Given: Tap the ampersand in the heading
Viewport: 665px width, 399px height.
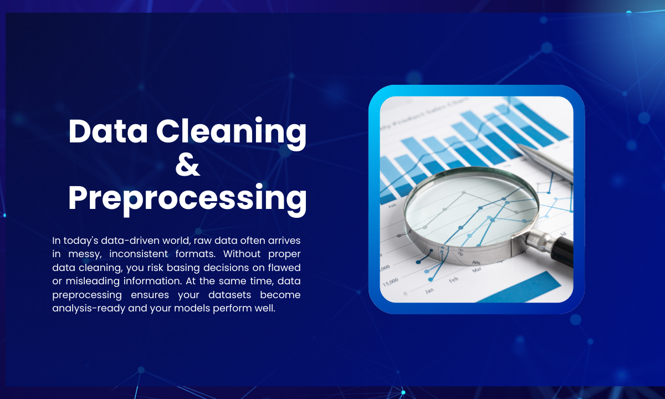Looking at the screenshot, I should pyautogui.click(x=187, y=165).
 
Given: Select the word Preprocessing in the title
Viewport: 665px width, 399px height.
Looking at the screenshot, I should pyautogui.click(x=187, y=198).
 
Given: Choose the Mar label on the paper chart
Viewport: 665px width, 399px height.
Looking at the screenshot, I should pyautogui.click(x=477, y=270).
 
